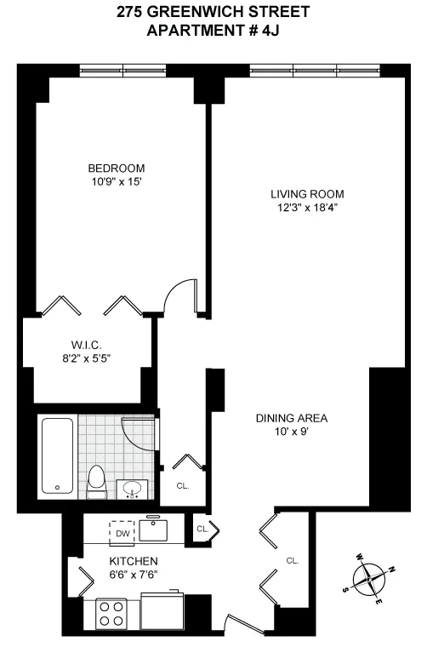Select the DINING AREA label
pyautogui.click(x=292, y=418)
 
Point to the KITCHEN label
pyautogui.click(x=133, y=561)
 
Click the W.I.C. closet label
pyautogui.click(x=87, y=344)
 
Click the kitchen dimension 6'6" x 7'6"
pyautogui.click(x=133, y=575)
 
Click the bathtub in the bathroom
pyautogui.click(x=57, y=455)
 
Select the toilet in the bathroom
pyautogui.click(x=96, y=481)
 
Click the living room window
pyautogui.click(x=315, y=71)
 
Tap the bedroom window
pyautogui.click(x=122, y=71)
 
